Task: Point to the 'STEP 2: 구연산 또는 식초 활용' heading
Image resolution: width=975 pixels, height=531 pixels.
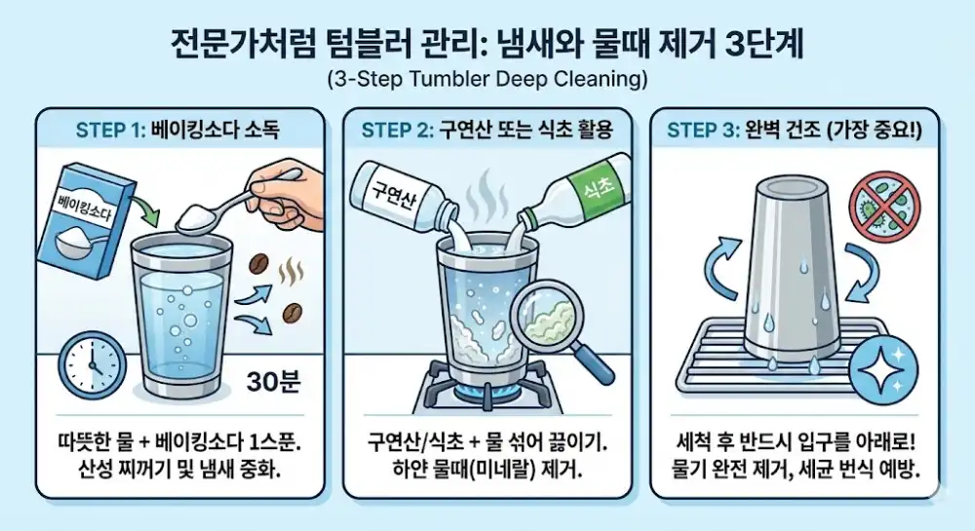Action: click(487, 130)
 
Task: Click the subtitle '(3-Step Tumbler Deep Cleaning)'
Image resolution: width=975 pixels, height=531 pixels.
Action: click(487, 77)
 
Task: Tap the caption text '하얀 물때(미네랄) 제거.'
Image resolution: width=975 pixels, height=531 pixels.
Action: click(487, 469)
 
